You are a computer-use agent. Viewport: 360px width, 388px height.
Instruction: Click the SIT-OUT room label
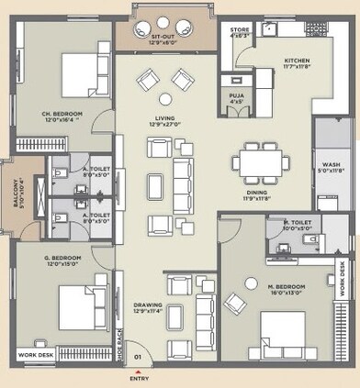point(164,38)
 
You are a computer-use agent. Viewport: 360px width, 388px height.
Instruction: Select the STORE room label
point(239,33)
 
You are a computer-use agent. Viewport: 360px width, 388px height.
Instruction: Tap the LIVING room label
point(164,122)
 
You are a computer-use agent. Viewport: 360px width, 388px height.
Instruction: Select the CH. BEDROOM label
point(62,116)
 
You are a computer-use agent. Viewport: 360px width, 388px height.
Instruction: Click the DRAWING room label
point(151,307)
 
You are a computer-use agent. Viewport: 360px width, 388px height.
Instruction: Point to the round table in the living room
point(165,99)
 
